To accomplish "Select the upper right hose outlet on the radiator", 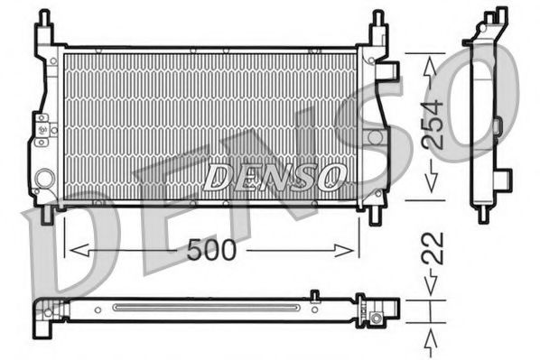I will [x=389, y=69].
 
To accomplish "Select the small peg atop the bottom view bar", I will [x=313, y=294].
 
